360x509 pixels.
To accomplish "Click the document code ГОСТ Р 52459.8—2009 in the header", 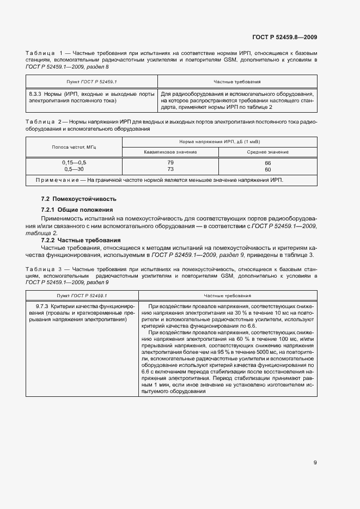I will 285,38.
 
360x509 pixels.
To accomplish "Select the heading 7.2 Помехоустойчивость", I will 79,199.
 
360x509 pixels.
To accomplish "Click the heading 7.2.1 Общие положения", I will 77,210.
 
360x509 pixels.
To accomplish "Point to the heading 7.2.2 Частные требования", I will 81,240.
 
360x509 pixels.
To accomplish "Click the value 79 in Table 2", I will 170,163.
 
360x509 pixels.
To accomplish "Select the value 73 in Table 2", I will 170,169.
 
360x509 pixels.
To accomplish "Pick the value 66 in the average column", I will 267,163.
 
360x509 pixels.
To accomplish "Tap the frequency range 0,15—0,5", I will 74,163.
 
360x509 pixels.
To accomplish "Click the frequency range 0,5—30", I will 74,169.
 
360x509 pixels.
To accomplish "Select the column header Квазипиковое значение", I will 170,152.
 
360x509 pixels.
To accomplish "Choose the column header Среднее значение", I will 267,152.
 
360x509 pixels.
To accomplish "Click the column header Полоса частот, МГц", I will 74,147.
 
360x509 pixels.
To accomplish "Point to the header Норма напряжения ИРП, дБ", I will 219,142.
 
